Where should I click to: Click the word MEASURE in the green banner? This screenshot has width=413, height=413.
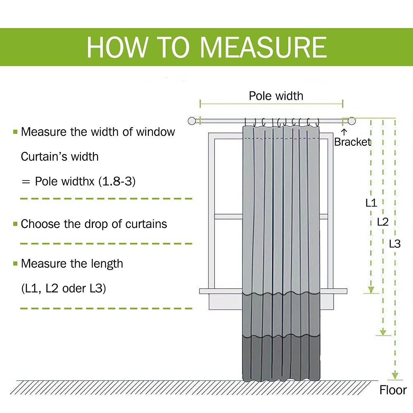(x=263, y=47)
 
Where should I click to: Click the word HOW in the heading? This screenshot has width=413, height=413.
(x=117, y=47)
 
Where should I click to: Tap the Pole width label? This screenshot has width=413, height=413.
(x=276, y=96)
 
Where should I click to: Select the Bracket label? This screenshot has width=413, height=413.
(x=353, y=142)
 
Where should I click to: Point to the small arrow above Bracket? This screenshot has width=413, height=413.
(x=344, y=132)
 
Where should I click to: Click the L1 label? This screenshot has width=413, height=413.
(x=371, y=202)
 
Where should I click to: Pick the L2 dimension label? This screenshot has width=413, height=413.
(x=383, y=222)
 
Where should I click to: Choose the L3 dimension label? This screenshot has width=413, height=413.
(x=395, y=244)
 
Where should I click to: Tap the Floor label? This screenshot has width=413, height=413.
(x=393, y=390)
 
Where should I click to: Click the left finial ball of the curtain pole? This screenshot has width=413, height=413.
(x=192, y=121)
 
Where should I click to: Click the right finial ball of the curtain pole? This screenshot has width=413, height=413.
(x=351, y=121)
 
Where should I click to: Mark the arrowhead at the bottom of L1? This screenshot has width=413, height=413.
(x=371, y=290)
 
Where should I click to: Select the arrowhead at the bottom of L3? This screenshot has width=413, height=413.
(x=395, y=375)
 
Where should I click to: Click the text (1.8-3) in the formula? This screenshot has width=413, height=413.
(x=117, y=181)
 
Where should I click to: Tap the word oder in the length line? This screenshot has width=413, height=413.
(x=74, y=288)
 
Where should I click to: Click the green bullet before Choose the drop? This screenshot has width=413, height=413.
(x=15, y=224)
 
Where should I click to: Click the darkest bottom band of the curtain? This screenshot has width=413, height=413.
(x=281, y=358)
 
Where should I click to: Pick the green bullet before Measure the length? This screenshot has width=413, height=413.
(x=15, y=263)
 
